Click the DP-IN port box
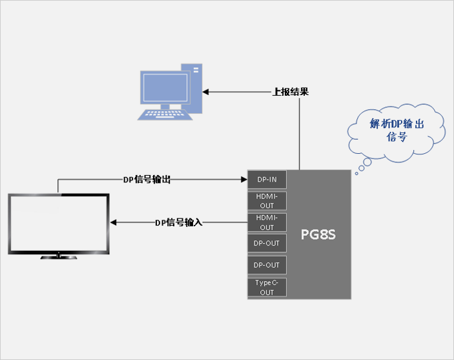[267, 179]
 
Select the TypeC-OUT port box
[267, 288]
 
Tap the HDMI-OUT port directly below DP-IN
[267, 201]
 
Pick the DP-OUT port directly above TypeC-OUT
[267, 265]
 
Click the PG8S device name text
[318, 234]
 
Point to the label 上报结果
[290, 92]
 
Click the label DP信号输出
[147, 180]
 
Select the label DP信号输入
[179, 222]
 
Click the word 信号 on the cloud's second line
[397, 138]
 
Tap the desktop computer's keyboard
[164, 115]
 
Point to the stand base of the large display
[59, 257]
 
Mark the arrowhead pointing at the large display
[114, 222]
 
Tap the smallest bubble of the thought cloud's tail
[356, 173]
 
